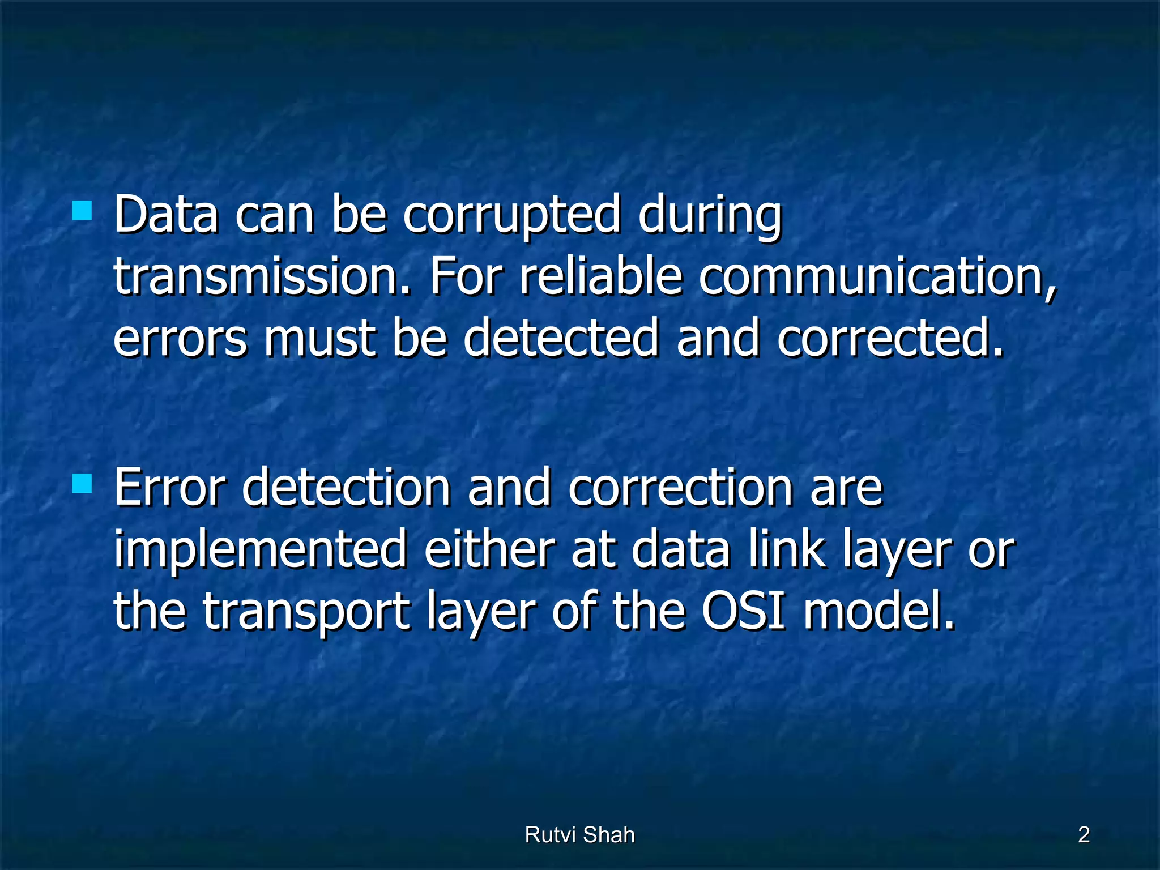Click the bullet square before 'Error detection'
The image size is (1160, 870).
(83, 484)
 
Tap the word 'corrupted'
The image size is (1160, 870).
(511, 215)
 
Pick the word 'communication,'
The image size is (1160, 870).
(877, 278)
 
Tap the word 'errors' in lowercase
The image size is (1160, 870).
(180, 339)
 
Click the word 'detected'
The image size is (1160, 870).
(561, 339)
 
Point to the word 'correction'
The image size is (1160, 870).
(680, 488)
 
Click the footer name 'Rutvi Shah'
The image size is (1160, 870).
(579, 835)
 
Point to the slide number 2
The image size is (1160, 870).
(1084, 835)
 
